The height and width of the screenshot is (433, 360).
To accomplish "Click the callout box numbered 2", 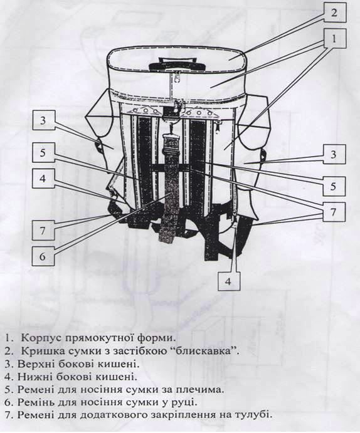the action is tap(334, 12).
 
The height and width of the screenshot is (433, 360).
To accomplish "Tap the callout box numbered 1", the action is tap(334, 38).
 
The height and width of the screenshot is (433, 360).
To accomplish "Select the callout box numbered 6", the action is tap(43, 256).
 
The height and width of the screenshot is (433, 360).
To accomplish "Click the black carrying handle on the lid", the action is tap(177, 64).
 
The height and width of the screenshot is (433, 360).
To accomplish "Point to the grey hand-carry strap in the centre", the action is tap(167, 188).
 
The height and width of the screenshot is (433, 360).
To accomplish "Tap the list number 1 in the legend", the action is tap(9, 338).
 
